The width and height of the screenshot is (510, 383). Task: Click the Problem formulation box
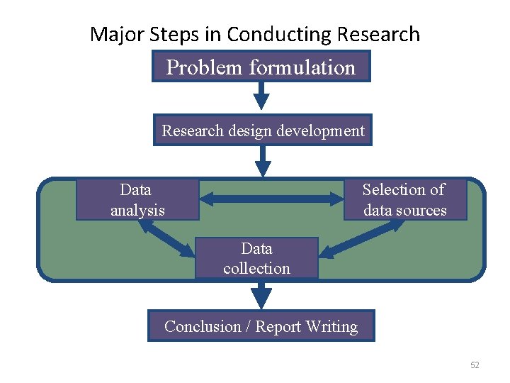261,67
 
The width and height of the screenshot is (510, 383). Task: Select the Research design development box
263,131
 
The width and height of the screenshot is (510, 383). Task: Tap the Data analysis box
137,199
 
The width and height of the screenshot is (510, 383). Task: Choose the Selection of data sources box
404,199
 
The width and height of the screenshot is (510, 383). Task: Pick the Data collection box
256,258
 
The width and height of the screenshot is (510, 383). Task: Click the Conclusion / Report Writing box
261,326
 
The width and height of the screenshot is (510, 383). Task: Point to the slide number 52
475,365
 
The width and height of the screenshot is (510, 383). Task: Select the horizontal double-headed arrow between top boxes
271,199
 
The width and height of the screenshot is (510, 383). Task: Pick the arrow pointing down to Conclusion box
261,293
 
